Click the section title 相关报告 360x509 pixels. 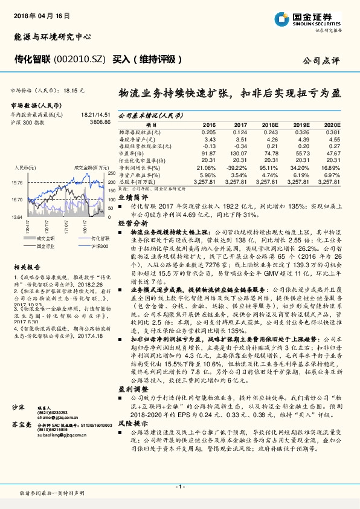tap(27, 266)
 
